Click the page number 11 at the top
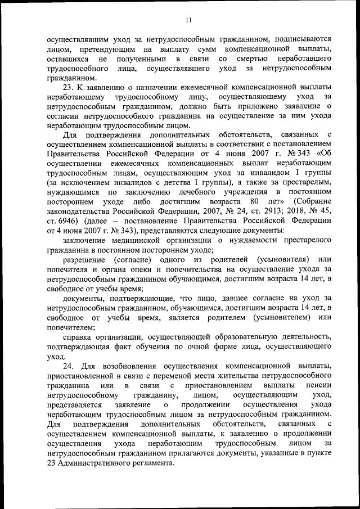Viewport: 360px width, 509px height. (188, 20)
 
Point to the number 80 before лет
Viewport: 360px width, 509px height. (254, 201)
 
